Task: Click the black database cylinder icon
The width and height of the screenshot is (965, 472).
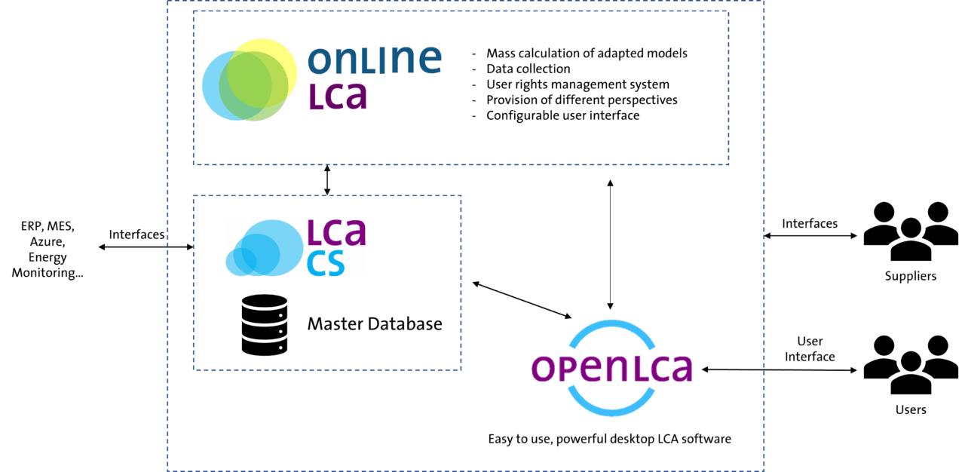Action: (x=265, y=325)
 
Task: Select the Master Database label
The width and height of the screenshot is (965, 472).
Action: (x=375, y=324)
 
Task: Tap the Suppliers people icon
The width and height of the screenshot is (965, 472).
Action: (x=911, y=231)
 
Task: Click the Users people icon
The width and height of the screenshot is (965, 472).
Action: (x=911, y=365)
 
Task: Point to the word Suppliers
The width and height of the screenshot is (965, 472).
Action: (x=911, y=276)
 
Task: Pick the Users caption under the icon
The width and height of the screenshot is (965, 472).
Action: (x=911, y=409)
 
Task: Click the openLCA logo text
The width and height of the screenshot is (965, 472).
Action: (x=611, y=369)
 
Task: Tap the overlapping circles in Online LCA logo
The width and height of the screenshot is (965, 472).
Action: (x=250, y=80)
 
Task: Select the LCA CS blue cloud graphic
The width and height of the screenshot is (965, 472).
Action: (x=265, y=248)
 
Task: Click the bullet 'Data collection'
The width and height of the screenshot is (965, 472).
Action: (x=528, y=69)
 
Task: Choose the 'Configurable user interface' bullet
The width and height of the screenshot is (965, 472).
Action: (x=562, y=115)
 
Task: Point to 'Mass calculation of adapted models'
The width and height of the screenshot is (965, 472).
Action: (x=587, y=54)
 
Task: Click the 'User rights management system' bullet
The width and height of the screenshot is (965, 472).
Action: (x=577, y=84)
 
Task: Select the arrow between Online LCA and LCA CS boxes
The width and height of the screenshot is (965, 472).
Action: (x=327, y=180)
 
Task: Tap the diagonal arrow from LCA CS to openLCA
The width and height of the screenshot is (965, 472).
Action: (x=522, y=300)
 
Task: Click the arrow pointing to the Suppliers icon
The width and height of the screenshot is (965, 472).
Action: (x=810, y=235)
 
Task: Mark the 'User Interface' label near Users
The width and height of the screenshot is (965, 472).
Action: (x=810, y=349)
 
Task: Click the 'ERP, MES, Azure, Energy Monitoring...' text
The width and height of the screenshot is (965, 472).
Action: (x=47, y=250)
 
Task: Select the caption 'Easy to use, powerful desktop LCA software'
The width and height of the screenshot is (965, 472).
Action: (x=610, y=439)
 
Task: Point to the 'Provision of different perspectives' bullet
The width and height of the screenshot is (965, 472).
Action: (x=581, y=100)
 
